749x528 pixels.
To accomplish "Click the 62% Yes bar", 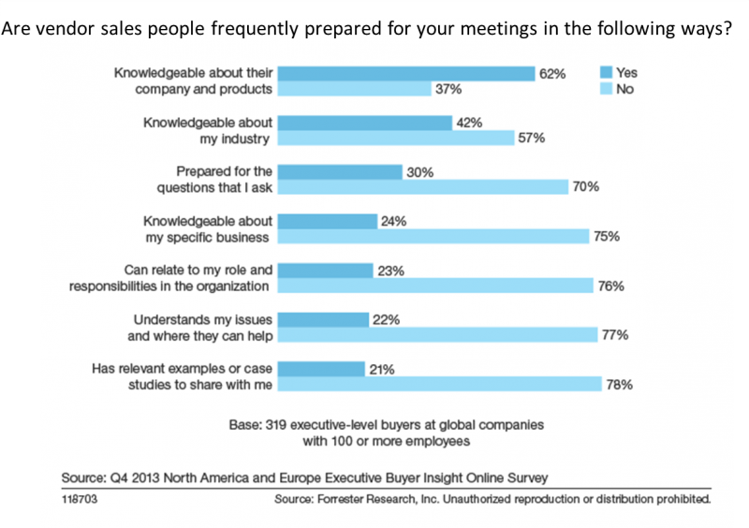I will tap(405, 73).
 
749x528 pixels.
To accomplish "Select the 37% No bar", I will tap(355, 90).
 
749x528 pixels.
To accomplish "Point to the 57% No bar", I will tap(396, 139).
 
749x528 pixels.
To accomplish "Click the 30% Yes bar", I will tap(340, 171).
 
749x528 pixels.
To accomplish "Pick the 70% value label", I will tap(587, 187).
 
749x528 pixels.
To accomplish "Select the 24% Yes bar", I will tap(328, 221).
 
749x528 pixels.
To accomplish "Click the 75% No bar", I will tap(433, 237).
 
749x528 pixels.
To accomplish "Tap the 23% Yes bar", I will tap(325, 270).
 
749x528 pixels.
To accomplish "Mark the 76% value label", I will tap(611, 286).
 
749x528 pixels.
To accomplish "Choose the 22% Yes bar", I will tap(323, 319).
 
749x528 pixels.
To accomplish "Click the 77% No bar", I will tap(438, 335).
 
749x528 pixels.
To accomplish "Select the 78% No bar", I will tap(440, 384).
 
